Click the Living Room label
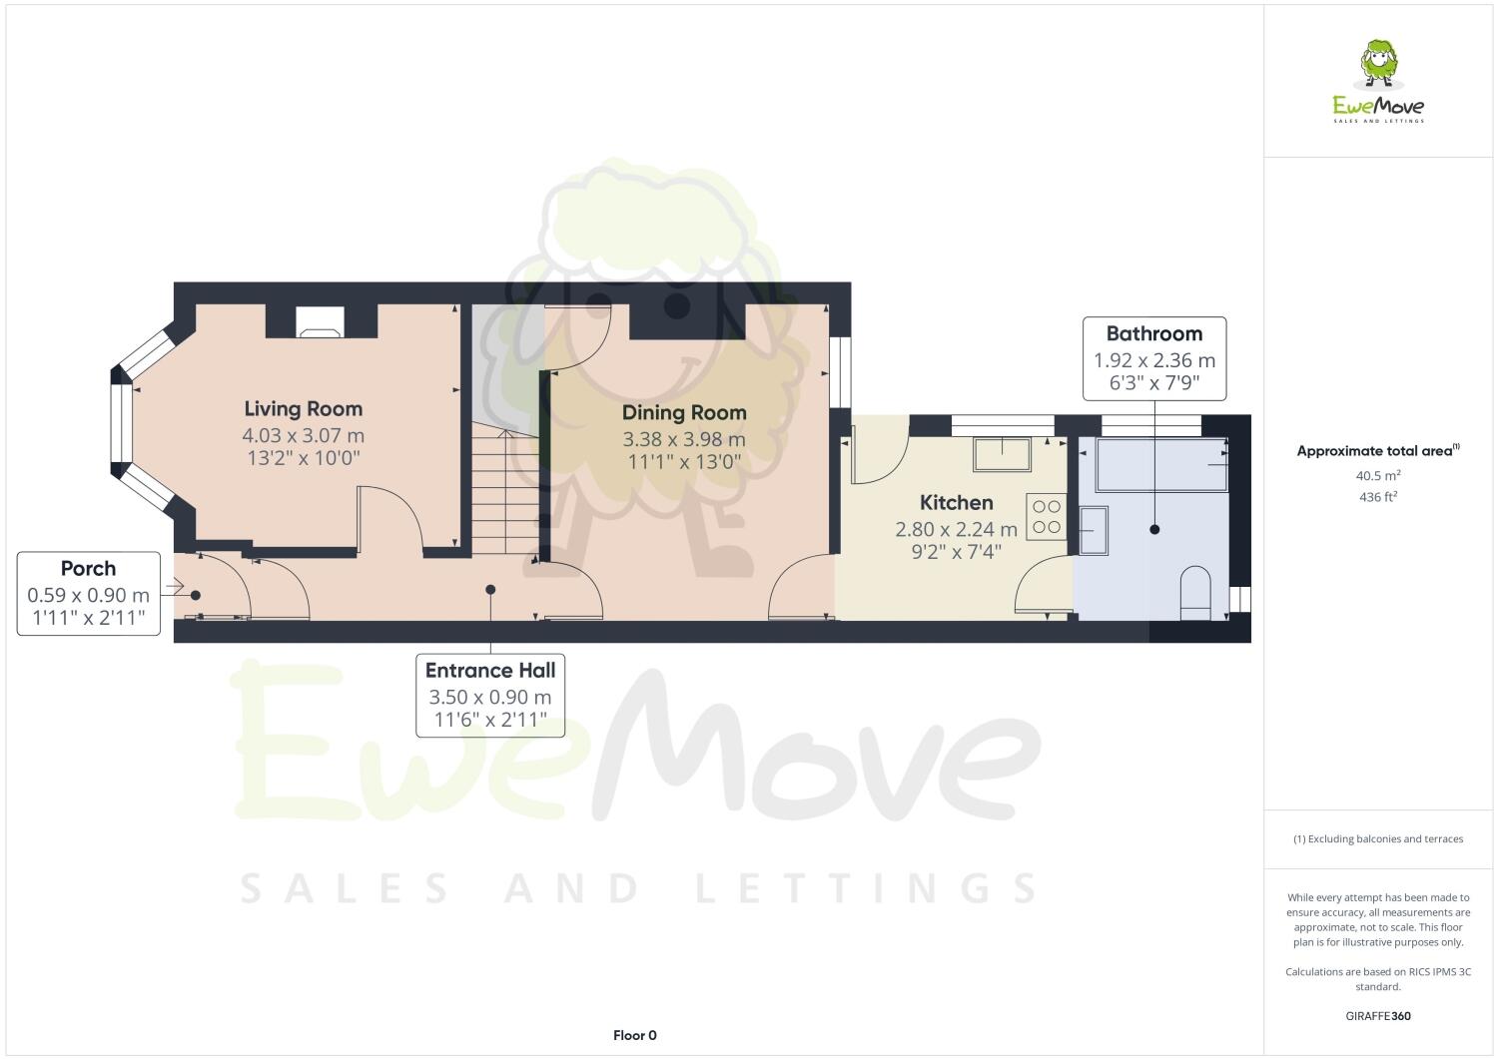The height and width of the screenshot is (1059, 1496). (303, 409)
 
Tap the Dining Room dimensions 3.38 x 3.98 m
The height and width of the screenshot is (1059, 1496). (684, 439)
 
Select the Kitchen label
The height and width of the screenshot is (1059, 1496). (956, 503)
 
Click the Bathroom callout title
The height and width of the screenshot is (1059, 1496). (1153, 334)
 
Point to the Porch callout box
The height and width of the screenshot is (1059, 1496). (89, 594)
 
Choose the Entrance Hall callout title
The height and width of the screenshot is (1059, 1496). (490, 671)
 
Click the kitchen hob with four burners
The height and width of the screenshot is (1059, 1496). (1047, 517)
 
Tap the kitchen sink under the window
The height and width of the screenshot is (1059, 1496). (1005, 453)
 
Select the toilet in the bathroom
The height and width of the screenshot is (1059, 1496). (1194, 592)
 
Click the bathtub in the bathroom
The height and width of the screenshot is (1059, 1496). (1162, 464)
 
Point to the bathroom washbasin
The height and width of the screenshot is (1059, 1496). (1094, 529)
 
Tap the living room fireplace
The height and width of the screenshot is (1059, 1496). (320, 321)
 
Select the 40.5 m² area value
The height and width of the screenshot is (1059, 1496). (1378, 476)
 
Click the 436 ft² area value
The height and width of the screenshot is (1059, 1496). (1378, 496)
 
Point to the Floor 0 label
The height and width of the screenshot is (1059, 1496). (634, 1035)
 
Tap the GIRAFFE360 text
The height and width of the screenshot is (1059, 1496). (1378, 1017)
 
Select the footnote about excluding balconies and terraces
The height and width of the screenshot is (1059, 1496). (1378, 838)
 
